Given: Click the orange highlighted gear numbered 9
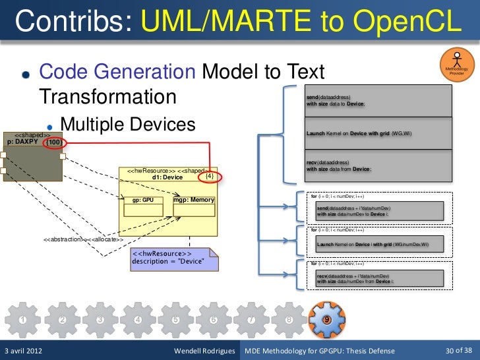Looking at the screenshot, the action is pos(326,319).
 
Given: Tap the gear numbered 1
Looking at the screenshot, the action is pos(23,320).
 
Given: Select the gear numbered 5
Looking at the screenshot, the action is pos(175,320).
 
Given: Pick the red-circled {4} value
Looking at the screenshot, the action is pos(209,177).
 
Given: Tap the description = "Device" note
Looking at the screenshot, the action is pos(168,261).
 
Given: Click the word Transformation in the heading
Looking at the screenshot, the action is pos(108,96).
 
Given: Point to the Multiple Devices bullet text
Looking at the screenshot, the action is pos(127,124).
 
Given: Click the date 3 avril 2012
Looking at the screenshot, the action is pos(24,350).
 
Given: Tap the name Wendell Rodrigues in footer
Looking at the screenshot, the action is pos(204,350).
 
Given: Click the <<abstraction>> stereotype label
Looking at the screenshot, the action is pos(63,239).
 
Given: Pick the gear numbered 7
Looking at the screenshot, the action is pos(251,320).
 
